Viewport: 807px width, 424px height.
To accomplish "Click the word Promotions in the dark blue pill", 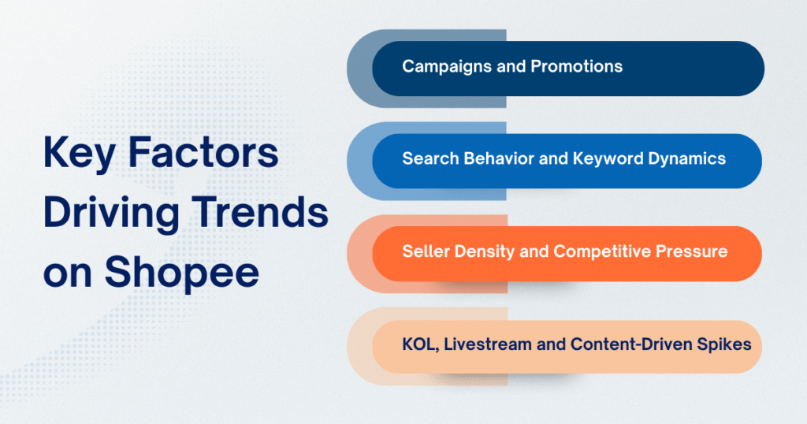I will pos(576,67).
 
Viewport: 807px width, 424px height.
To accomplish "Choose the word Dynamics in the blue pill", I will pos(689,159).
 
